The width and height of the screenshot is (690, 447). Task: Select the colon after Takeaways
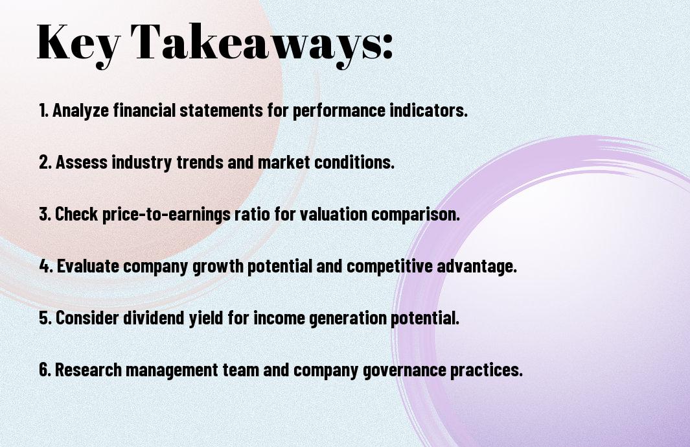tap(387, 46)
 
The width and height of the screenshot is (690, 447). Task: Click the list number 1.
tap(43, 110)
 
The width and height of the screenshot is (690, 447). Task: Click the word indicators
tap(428, 110)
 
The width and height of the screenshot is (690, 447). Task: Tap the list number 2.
tap(45, 162)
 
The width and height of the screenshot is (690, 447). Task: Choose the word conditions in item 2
tap(354, 162)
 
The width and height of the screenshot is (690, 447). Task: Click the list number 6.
tap(45, 370)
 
